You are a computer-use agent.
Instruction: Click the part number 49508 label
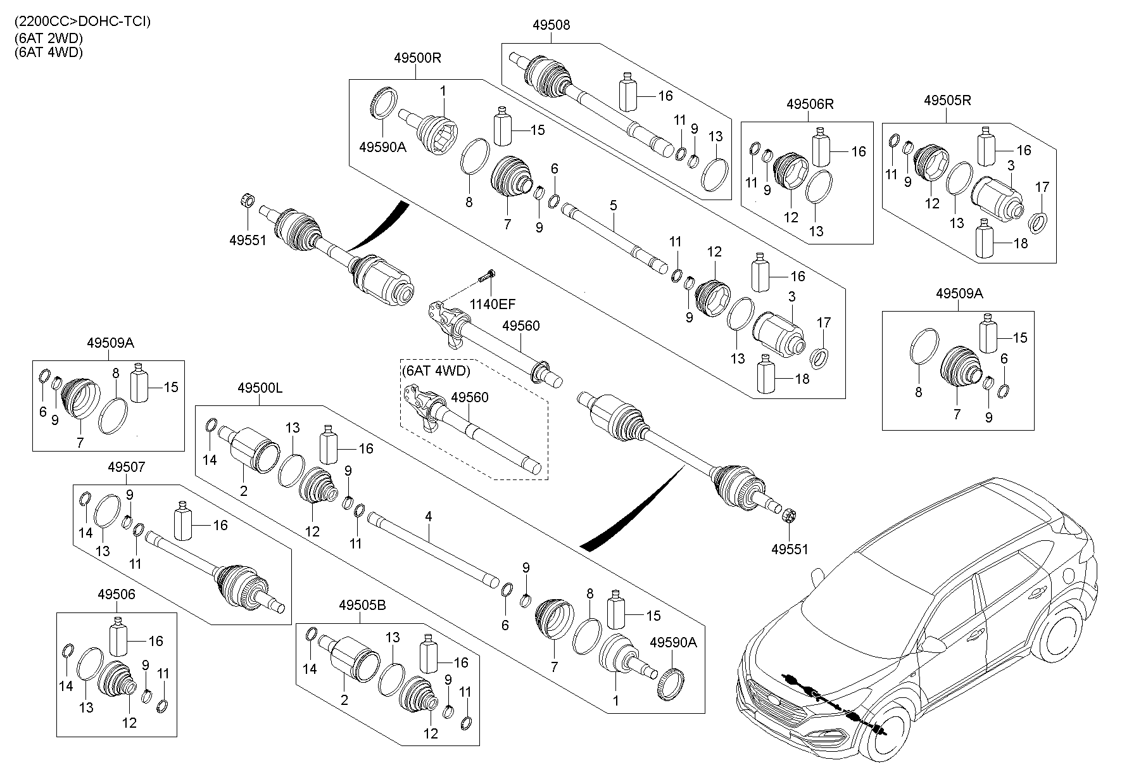click(551, 25)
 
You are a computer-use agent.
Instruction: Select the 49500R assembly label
click(417, 58)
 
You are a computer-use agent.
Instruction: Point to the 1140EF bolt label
click(492, 305)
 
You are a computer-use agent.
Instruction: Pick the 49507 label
click(126, 467)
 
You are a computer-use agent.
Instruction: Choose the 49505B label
click(362, 605)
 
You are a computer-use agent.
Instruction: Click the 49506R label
click(810, 104)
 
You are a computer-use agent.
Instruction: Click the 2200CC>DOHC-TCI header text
click(82, 21)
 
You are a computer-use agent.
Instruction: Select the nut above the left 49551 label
click(248, 202)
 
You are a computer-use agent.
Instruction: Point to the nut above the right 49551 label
click(789, 515)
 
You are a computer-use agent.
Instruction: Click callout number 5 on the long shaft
click(613, 206)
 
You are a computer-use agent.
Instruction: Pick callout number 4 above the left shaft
click(428, 517)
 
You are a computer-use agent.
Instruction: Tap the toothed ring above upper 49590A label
click(384, 103)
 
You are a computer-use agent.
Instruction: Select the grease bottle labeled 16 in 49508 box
click(627, 94)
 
